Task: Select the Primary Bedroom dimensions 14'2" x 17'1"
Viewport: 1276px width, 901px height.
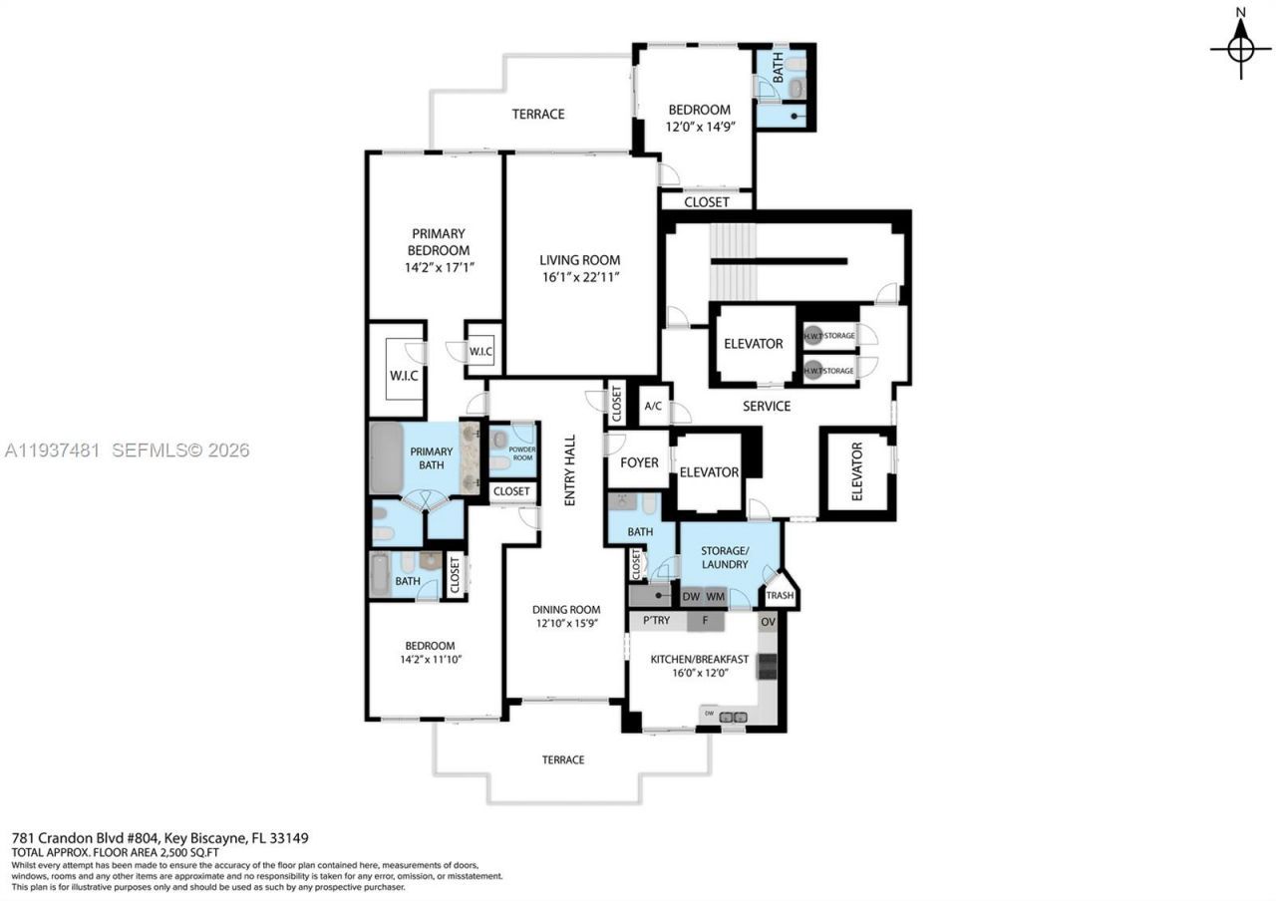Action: [438, 268]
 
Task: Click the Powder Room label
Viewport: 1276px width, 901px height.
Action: [521, 452]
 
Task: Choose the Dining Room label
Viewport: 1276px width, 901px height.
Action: [565, 610]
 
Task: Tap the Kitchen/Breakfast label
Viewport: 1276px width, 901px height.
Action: [699, 659]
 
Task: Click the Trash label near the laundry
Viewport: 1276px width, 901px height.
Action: [780, 596]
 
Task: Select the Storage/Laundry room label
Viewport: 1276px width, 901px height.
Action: [724, 557]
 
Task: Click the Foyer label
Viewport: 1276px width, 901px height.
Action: [639, 462]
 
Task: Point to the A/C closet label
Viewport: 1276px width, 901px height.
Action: [653, 406]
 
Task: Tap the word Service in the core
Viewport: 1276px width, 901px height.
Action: [767, 406]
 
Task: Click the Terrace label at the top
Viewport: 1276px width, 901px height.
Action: [538, 114]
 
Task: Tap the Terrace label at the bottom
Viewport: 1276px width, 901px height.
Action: [563, 759]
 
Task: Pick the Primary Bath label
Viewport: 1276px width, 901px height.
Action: [432, 458]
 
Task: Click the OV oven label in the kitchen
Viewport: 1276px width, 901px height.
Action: [768, 622]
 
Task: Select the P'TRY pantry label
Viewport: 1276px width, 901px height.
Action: [656, 621]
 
